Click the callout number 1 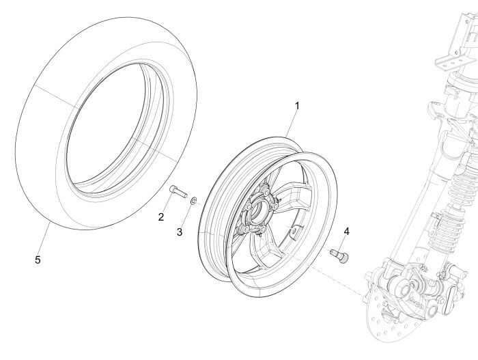coord(296,106)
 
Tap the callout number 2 coord(161,217)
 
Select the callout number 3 coord(180,232)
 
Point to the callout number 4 coord(346,232)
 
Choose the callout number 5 coord(37,260)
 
